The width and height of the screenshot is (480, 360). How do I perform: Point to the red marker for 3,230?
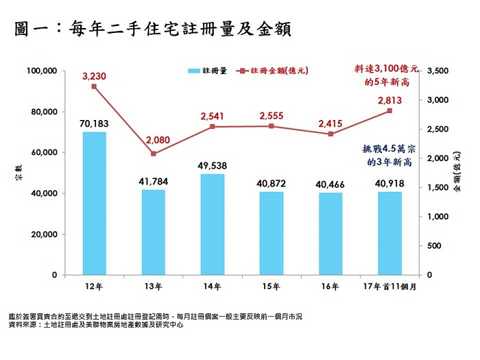click(x=94, y=86)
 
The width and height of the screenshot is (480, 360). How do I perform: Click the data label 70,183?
click(x=94, y=123)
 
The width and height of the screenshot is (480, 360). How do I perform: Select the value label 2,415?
click(x=331, y=123)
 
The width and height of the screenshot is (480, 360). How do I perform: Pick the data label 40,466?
click(x=331, y=184)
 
